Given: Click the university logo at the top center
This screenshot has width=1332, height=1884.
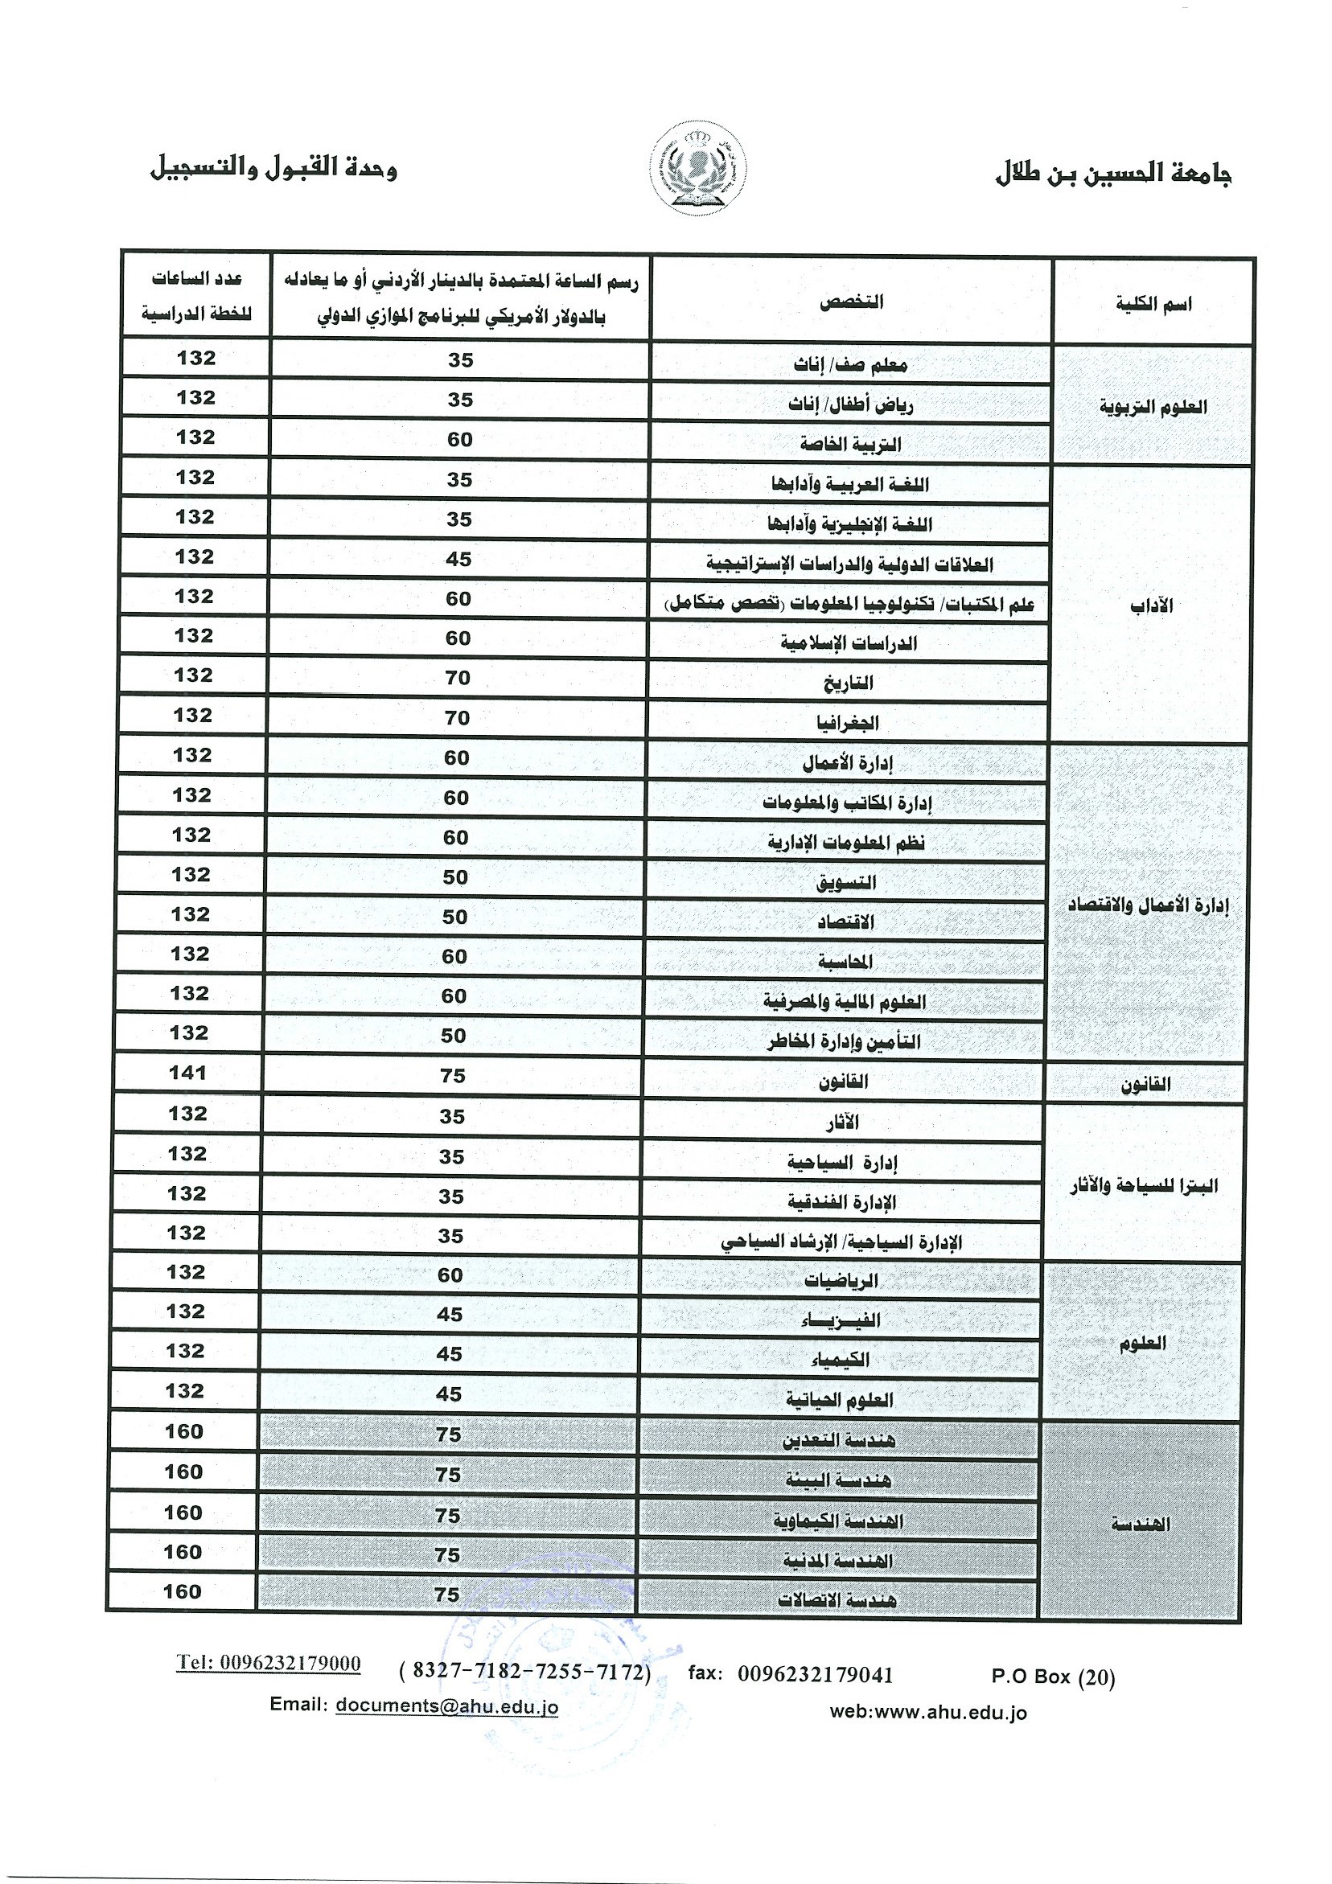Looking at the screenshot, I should tap(701, 168).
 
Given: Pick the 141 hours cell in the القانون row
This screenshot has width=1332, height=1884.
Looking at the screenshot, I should tap(188, 1073).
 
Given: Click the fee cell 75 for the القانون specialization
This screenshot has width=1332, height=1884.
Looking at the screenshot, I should tap(453, 1076).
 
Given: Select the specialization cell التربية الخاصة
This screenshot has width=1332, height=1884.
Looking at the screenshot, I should tap(850, 444).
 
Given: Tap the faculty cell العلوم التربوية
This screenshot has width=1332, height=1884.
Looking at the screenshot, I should tap(1153, 407).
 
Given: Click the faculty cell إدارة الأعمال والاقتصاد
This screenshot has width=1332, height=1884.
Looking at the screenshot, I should tap(1147, 905).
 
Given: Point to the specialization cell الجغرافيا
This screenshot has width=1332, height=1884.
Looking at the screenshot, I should tap(847, 723).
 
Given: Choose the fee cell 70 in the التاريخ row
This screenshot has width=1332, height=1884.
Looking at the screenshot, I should tap(457, 678).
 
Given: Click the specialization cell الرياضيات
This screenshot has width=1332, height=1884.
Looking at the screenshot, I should tap(841, 1280).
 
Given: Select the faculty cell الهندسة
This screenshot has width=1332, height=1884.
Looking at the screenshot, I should tap(1141, 1525).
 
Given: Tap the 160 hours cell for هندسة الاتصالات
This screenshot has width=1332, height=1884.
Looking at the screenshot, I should tap(183, 1592).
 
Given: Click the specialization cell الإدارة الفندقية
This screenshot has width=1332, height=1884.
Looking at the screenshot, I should tap(842, 1202).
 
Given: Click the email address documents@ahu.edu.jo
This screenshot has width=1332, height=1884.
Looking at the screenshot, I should tap(447, 1706).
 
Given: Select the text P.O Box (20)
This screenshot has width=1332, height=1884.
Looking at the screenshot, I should tap(1053, 1677).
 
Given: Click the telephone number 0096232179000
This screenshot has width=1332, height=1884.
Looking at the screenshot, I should tap(269, 1663).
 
